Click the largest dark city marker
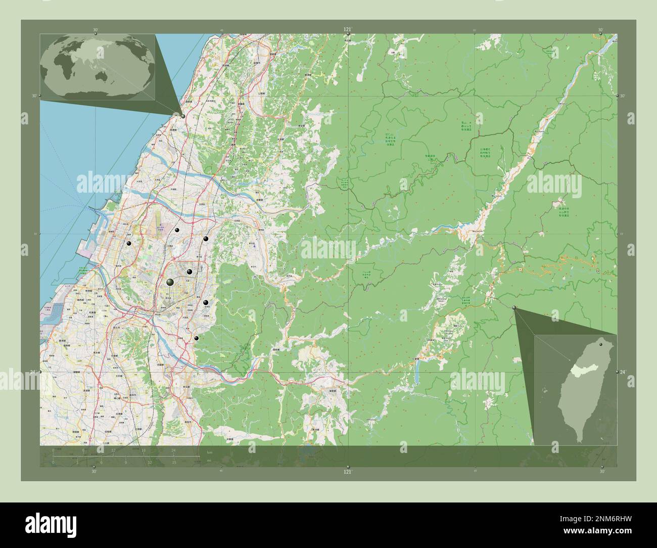tap(170, 282)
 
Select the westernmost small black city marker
tap(129, 244)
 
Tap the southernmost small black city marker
tap(197, 338)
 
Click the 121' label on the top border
tap(347, 29)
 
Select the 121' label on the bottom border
tap(347, 471)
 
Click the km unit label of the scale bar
tap(209, 452)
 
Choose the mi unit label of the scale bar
tap(209, 461)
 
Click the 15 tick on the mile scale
tap(173, 462)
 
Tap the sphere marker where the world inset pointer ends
tap(183, 116)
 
